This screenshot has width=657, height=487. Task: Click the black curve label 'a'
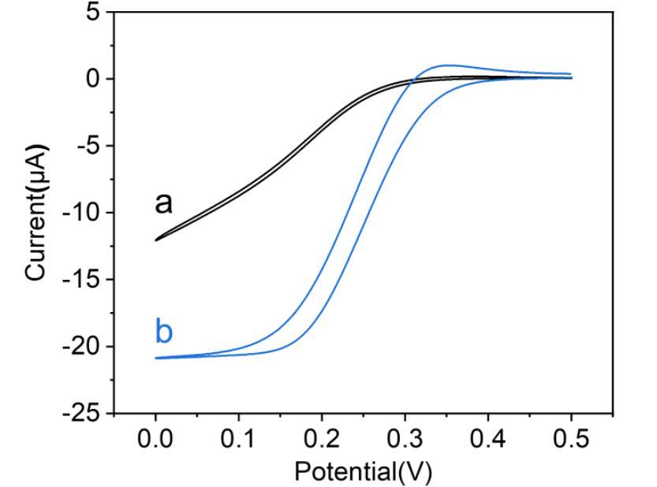pos(163,203)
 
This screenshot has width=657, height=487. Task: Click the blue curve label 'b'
pos(163,333)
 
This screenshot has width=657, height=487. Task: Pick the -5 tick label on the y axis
pos(89,146)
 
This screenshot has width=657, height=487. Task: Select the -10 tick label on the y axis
pos(83,213)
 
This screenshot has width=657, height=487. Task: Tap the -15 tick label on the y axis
pos(83,280)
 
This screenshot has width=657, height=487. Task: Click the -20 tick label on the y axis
pos(83,347)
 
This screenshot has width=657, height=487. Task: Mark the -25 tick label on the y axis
pos(83,413)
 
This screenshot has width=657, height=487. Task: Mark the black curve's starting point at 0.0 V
pos(156,240)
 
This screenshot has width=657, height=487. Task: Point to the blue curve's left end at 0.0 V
pos(156,358)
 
